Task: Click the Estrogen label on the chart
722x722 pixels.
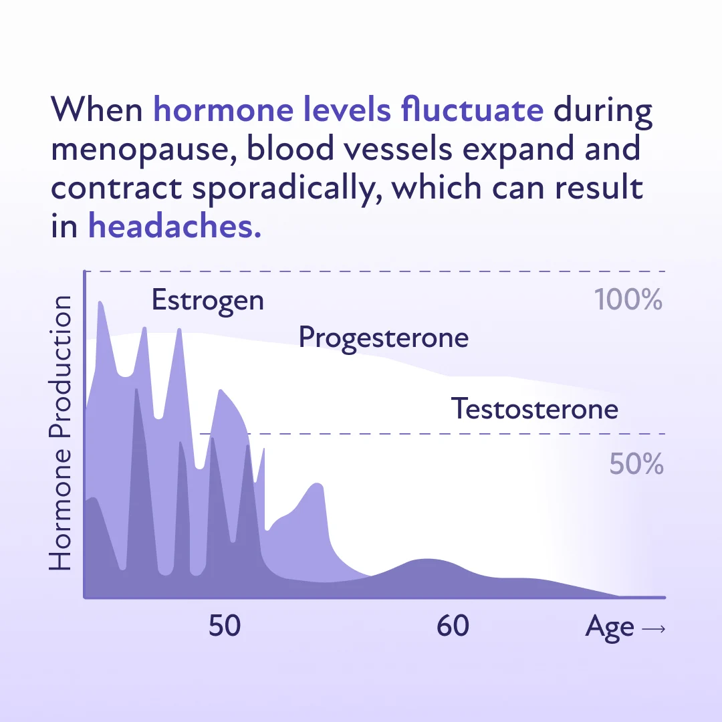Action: pyautogui.click(x=207, y=300)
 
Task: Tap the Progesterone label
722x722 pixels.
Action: pyautogui.click(x=383, y=338)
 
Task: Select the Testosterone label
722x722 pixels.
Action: pyautogui.click(x=534, y=408)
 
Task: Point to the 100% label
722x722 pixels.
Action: pyautogui.click(x=628, y=300)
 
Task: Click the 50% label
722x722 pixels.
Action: pyautogui.click(x=636, y=464)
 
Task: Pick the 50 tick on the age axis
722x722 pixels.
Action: pyautogui.click(x=224, y=626)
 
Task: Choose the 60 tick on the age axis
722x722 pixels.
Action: pyautogui.click(x=453, y=626)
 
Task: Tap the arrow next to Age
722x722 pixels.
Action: pyautogui.click(x=652, y=628)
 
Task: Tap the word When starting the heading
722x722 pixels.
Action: pyautogui.click(x=97, y=110)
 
